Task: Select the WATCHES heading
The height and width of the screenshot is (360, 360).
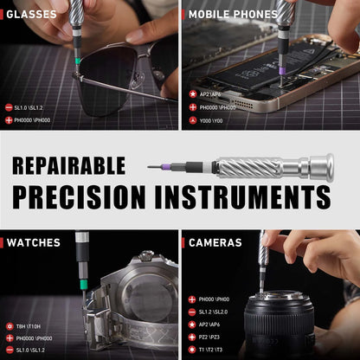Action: click(32, 242)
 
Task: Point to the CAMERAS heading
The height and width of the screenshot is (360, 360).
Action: click(215, 242)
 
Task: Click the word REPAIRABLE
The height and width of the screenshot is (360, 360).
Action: click(69, 165)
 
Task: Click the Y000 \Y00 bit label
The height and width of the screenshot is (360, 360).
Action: click(212, 120)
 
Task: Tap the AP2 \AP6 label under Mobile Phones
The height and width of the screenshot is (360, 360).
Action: click(211, 94)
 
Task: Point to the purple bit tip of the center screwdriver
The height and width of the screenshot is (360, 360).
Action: click(154, 166)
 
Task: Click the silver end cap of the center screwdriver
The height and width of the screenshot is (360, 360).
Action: click(321, 166)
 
